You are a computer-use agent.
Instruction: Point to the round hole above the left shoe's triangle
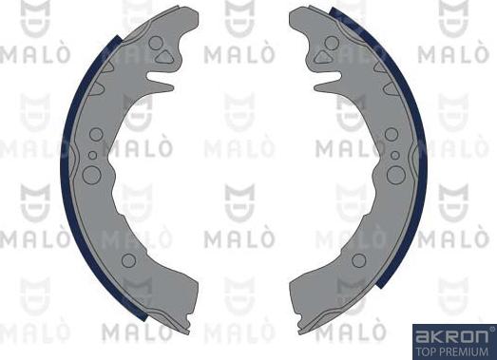pyautogui.click(x=155, y=42)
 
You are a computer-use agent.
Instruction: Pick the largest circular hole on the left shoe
pyautogui.click(x=91, y=174)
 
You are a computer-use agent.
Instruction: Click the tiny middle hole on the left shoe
pyautogui.click(x=91, y=154)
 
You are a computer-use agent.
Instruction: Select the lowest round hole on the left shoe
pyautogui.click(x=129, y=258)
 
